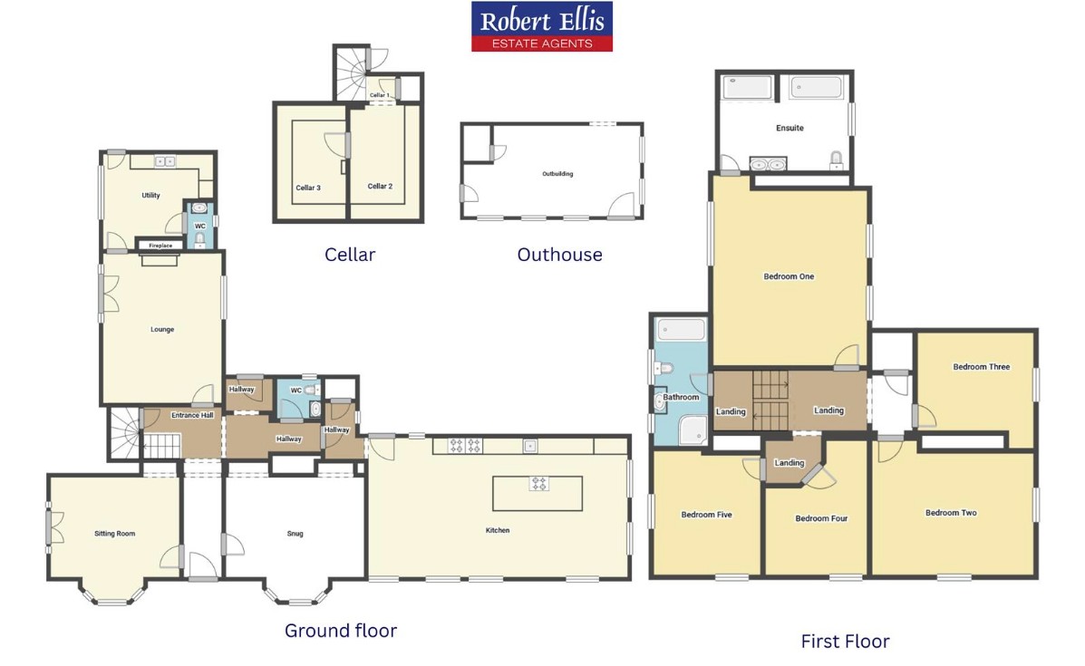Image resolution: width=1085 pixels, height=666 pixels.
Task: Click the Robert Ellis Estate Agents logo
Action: pos(542,26)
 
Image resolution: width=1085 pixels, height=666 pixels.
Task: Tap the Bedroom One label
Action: pos(789,276)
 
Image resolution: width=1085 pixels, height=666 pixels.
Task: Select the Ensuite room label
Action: pos(790,128)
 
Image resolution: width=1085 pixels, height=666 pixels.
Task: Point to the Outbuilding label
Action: pos(557,174)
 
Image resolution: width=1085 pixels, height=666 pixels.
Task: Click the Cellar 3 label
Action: pos(308,188)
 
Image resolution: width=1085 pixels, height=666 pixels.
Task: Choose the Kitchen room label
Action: pos(498,530)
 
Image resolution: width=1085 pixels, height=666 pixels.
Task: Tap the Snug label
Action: pos(295,533)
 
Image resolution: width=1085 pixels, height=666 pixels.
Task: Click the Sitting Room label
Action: pos(115,533)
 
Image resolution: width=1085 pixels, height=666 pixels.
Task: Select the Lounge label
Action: pos(162,329)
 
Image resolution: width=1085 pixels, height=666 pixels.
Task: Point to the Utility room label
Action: pos(150,195)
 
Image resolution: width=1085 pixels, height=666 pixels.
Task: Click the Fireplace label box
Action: pos(160,245)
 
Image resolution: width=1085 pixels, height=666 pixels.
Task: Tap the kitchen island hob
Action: pos(538,484)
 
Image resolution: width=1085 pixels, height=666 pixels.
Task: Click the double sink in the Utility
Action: pos(165,161)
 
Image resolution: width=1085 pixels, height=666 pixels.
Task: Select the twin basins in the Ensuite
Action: pos(768,164)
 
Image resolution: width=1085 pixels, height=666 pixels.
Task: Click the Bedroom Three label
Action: pos(981,367)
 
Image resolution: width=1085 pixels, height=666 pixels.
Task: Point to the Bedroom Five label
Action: pos(706,515)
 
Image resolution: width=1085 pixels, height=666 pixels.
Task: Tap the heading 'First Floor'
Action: pos(845,642)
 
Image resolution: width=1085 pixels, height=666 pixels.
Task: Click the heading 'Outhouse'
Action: pos(560,255)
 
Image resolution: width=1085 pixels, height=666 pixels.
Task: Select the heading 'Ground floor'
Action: pos(341,631)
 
